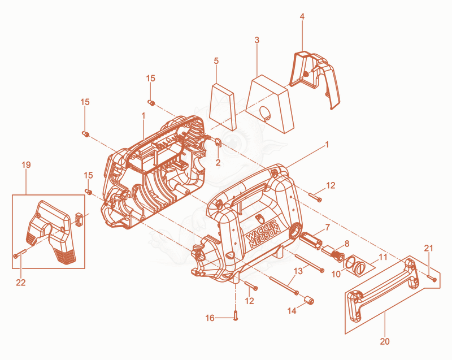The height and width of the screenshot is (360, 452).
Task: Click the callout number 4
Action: click(302, 17)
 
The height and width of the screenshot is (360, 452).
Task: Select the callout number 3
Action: click(257, 40)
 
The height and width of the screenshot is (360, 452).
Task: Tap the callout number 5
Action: click(216, 61)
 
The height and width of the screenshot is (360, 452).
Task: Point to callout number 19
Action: click(26, 165)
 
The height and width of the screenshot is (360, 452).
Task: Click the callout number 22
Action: click(21, 283)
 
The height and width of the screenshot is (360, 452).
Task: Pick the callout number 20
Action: click(385, 341)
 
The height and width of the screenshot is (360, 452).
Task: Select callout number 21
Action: click(428, 248)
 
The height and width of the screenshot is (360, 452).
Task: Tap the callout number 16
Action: click(210, 318)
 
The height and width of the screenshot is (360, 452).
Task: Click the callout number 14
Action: click(292, 311)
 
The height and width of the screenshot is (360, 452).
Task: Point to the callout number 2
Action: click(218, 163)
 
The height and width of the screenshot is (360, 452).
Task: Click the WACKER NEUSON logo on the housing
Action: click(263, 235)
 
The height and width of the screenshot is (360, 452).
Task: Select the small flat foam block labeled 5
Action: click(222, 107)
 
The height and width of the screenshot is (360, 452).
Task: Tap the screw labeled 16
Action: click(236, 316)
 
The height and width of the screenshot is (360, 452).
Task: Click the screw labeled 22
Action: click(20, 254)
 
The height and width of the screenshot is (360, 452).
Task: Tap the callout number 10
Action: click(336, 274)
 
